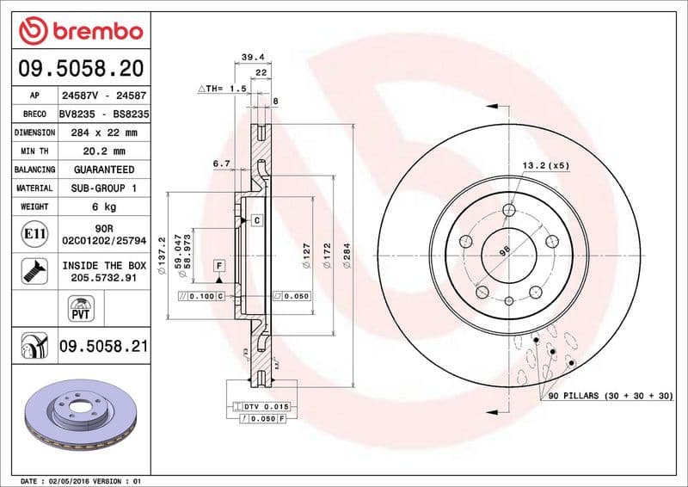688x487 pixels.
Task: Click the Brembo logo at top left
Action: [x=80, y=30]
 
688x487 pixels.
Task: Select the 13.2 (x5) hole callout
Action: [x=545, y=164]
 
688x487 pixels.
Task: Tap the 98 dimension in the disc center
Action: [x=506, y=252]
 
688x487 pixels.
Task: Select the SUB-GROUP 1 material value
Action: [x=103, y=188]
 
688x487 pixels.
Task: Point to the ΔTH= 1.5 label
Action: [x=223, y=89]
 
